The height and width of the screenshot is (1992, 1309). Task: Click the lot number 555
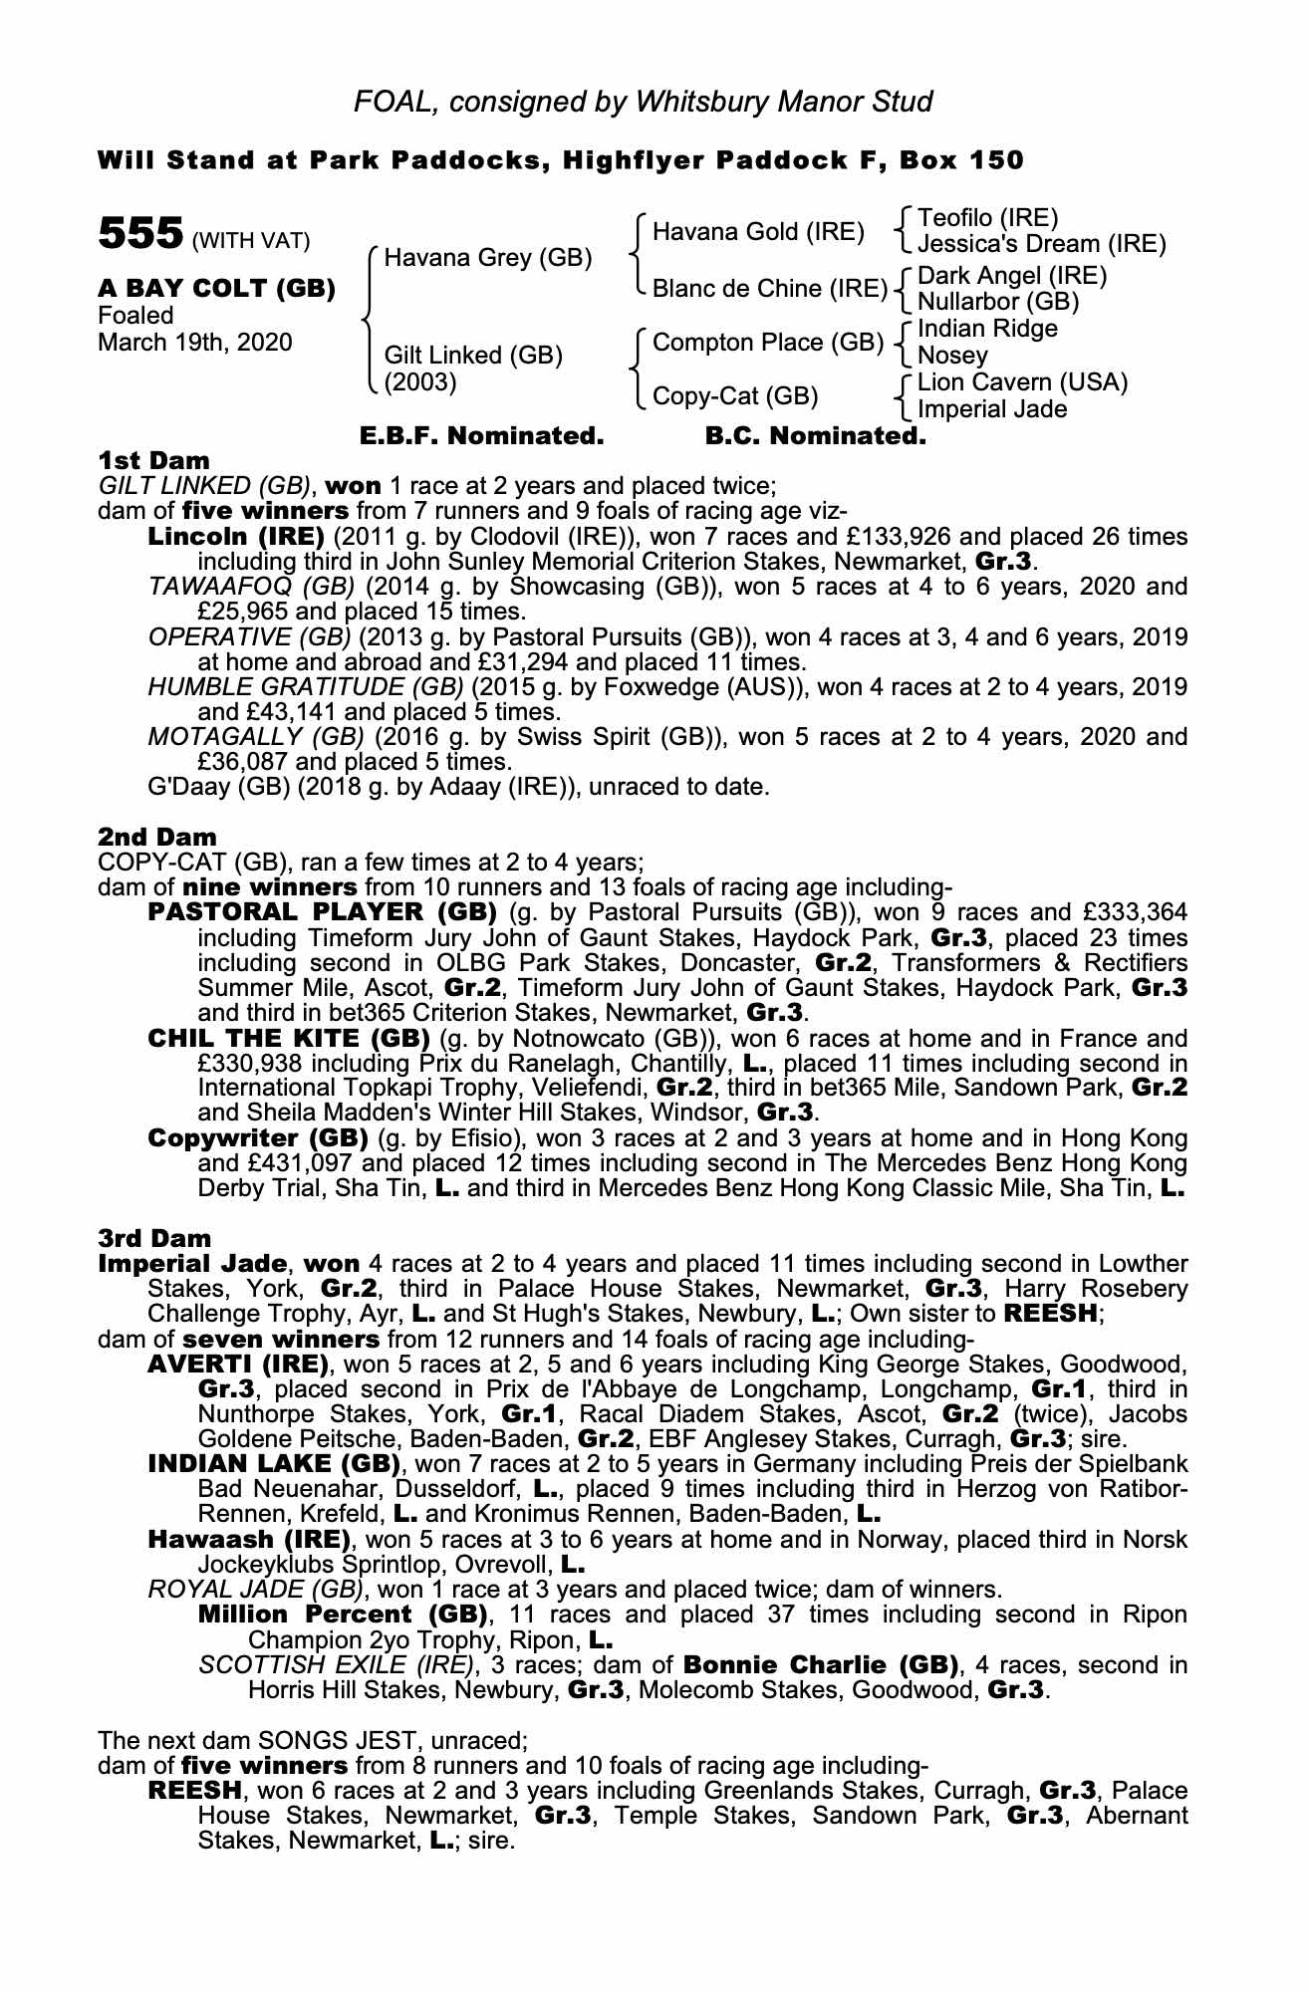[139, 234]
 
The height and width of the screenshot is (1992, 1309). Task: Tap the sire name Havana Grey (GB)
[488, 259]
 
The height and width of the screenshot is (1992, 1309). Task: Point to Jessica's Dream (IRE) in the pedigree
[1041, 243]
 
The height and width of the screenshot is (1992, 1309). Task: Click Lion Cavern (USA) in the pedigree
[1022, 382]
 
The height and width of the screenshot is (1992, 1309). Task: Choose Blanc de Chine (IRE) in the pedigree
[769, 289]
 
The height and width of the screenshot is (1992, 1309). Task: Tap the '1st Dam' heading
[153, 460]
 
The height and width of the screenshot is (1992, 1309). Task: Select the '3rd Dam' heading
[154, 1238]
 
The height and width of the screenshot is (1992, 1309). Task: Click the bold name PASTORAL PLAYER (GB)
[322, 912]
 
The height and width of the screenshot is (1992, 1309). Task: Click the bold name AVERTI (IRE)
[238, 1364]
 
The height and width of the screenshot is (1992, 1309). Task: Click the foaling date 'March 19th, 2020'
[194, 343]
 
